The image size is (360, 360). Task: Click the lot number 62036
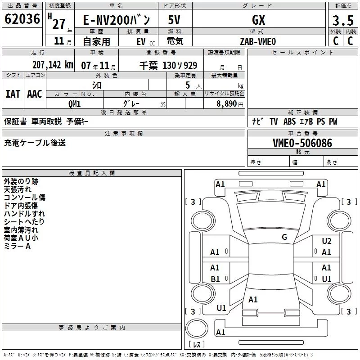[x=22, y=19]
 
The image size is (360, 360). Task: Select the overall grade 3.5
[x=343, y=21]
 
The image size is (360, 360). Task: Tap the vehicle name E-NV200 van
[x=117, y=20]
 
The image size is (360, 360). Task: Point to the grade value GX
[x=258, y=20]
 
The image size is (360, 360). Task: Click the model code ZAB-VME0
[x=258, y=41]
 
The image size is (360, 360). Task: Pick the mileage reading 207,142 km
[x=53, y=65]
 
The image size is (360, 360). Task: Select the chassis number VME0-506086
[x=302, y=143]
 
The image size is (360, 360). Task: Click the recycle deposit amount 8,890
[x=227, y=104]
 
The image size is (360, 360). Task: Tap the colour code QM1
[x=75, y=104]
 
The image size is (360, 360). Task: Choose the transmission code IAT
[x=13, y=94]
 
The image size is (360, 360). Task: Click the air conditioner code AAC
[x=35, y=94]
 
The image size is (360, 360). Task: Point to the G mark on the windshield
[x=284, y=237]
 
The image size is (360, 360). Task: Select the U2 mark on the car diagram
[x=327, y=241]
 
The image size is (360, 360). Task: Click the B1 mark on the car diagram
[x=215, y=279]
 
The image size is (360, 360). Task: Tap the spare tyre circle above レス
[x=197, y=328]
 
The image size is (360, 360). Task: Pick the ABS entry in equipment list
[x=289, y=121]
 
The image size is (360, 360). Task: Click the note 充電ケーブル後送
[x=35, y=143]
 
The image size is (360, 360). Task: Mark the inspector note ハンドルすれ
[x=24, y=213]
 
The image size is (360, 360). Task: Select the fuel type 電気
[x=175, y=41]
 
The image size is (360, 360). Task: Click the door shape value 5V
[x=174, y=20]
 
